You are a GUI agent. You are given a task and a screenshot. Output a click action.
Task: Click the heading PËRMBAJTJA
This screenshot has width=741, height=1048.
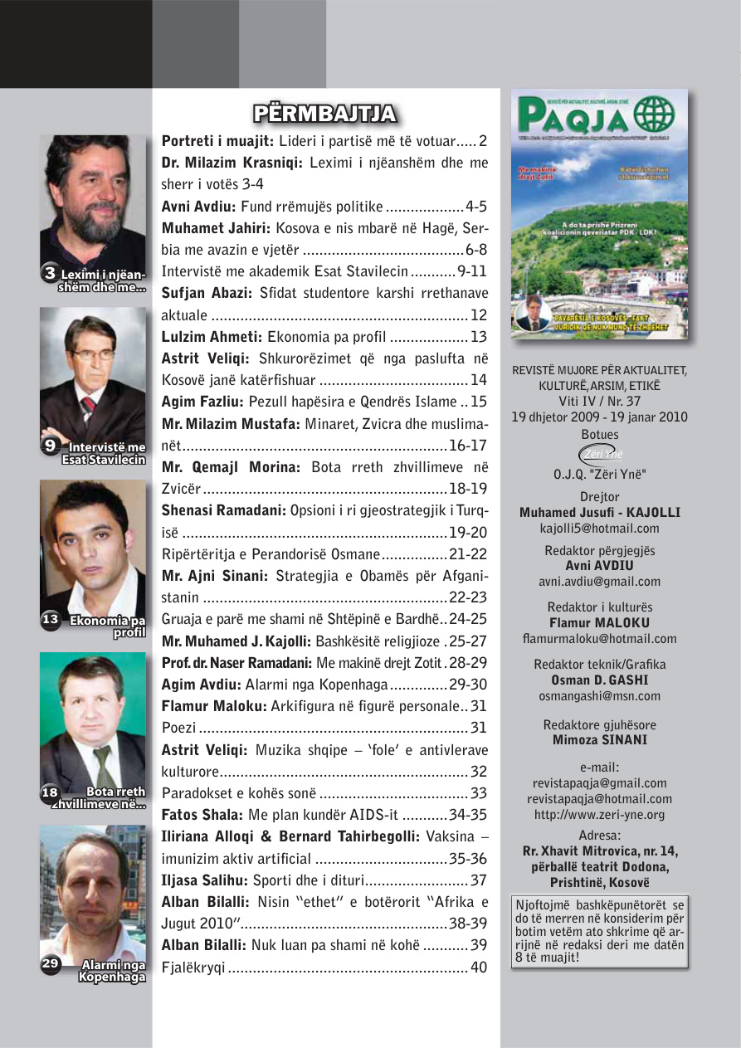(x=324, y=114)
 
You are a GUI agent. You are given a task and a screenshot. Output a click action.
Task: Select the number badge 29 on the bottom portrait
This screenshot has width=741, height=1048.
(x=51, y=963)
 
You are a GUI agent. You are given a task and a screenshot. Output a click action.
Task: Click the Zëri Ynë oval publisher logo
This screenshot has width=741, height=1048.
(x=599, y=454)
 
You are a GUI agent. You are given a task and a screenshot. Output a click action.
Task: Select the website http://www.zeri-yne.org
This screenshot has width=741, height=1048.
(x=599, y=815)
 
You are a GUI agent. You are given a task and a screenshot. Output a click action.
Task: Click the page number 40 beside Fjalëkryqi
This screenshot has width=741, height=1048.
(x=479, y=966)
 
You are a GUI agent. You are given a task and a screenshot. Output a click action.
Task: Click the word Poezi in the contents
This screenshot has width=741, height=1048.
(x=178, y=728)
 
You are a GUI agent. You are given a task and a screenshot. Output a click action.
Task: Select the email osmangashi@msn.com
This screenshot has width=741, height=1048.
(x=599, y=696)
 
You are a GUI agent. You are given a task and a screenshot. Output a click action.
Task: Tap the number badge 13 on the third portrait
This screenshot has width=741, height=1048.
(x=51, y=618)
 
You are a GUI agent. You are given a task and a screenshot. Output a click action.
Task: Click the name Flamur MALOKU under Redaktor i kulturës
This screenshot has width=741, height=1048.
(x=599, y=622)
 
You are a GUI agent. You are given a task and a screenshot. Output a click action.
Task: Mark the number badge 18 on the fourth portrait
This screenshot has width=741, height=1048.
(x=50, y=792)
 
